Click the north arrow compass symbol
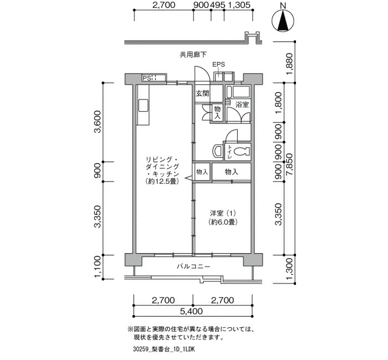(x=283, y=20)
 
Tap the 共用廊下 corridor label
(x=193, y=55)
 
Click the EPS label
(x=219, y=65)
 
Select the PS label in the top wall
(x=146, y=78)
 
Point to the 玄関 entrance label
(x=202, y=94)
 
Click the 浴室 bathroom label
(x=242, y=105)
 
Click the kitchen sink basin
(x=143, y=105)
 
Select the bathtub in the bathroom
(x=238, y=92)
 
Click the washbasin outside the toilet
(x=217, y=151)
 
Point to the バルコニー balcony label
(x=193, y=266)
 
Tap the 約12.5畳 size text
(x=162, y=181)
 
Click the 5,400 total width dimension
(x=191, y=311)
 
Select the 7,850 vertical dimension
(x=289, y=164)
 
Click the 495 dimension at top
(x=217, y=4)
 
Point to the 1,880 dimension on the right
(x=290, y=64)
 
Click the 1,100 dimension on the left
(x=98, y=266)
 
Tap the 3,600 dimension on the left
(x=98, y=122)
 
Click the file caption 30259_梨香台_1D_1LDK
(x=164, y=349)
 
